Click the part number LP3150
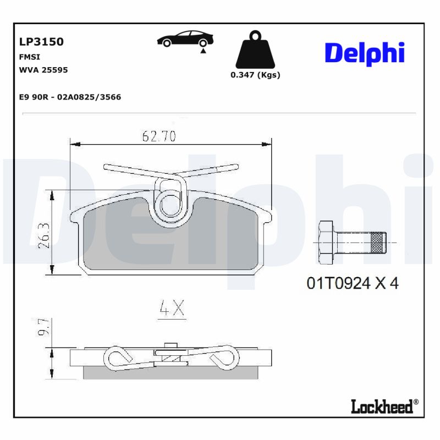pyautogui.click(x=41, y=42)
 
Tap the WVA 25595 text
pyautogui.click(x=43, y=70)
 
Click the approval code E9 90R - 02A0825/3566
pyautogui.click(x=70, y=97)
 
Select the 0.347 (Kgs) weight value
pyautogui.click(x=255, y=75)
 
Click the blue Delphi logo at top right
pyautogui.click(x=365, y=53)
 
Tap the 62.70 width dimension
pyautogui.click(x=158, y=136)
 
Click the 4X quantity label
pyautogui.click(x=172, y=310)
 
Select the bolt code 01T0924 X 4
pyautogui.click(x=352, y=283)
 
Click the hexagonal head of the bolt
pyautogui.click(x=326, y=242)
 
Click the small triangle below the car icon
pyautogui.click(x=203, y=51)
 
